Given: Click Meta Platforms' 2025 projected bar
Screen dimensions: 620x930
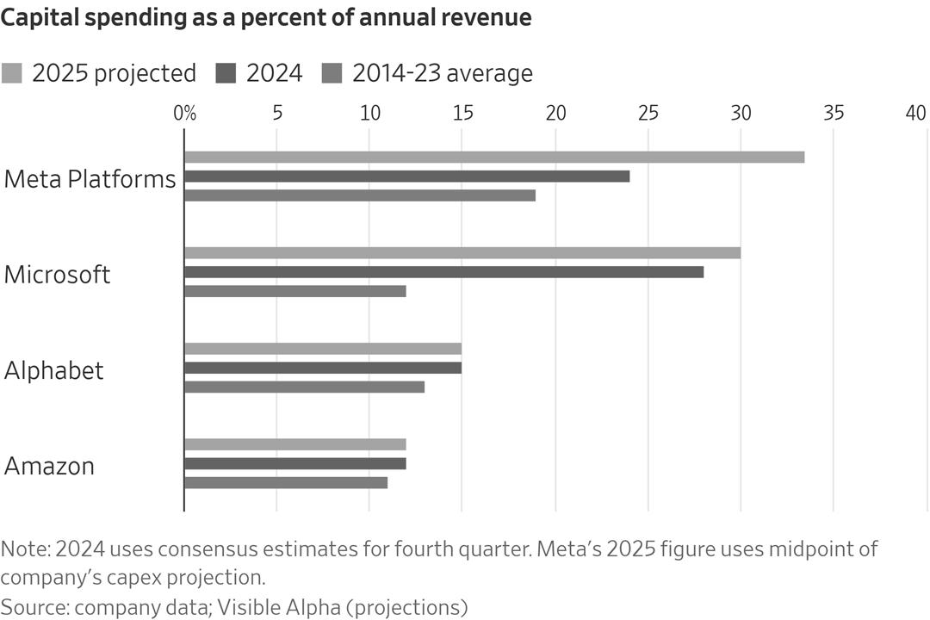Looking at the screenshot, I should (x=494, y=157).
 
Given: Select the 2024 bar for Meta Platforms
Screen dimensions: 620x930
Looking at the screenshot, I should (x=407, y=177).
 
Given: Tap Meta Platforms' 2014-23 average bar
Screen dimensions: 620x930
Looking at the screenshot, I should (x=360, y=195).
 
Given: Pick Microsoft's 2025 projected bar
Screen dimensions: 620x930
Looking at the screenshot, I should (x=462, y=253).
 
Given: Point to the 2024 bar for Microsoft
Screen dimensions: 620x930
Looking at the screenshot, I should (x=444, y=272).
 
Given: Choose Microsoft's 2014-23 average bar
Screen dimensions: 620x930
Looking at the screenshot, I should (x=295, y=291).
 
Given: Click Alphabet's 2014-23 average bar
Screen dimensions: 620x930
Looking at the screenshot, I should (x=305, y=387).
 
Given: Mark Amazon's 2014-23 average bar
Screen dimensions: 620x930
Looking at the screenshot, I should (x=286, y=482).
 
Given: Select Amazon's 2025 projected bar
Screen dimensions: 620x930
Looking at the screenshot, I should (x=295, y=444).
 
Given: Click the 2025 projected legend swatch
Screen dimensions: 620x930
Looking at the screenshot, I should (x=12, y=73).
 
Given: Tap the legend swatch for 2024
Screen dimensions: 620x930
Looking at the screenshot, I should (x=226, y=73).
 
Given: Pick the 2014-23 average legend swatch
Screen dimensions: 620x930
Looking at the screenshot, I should (x=332, y=73).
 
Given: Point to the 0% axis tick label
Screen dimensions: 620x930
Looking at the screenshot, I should (x=184, y=113).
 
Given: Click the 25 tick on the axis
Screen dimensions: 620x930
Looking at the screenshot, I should (x=648, y=113).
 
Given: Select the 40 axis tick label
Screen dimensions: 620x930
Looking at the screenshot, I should (x=915, y=113).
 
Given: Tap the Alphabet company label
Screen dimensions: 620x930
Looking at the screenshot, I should (x=54, y=370).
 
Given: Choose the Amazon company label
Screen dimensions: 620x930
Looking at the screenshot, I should (x=50, y=466).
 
